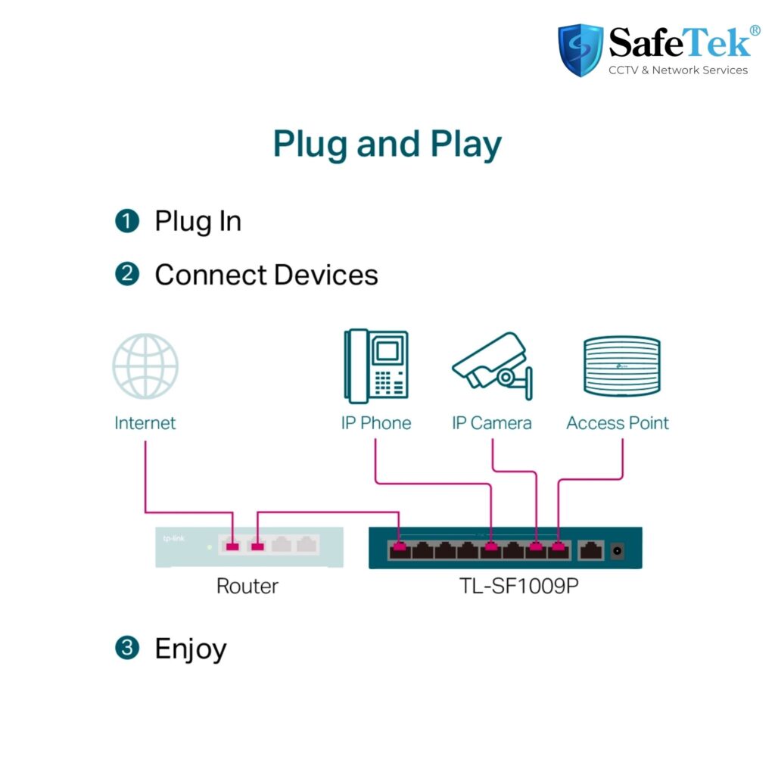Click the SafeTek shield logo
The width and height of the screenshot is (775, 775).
coord(580,50)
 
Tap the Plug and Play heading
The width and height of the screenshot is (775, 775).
coord(387,144)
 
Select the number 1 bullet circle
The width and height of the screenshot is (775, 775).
coord(127,220)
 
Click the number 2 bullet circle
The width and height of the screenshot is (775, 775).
coord(127,274)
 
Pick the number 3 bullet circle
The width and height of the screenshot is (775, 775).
coord(127,648)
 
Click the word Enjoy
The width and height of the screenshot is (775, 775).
coord(191,649)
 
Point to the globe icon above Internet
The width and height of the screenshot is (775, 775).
coord(145,366)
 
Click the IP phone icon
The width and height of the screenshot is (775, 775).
coord(376,366)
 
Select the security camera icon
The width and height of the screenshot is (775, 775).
coord(492,366)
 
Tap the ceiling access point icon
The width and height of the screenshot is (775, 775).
coord(622,366)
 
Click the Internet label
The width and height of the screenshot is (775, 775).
coord(145,423)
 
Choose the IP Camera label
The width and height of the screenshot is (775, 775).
coord(492,423)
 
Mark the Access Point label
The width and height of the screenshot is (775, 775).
coord(618,423)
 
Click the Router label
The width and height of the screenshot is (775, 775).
coord(247,587)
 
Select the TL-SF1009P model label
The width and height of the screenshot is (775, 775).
coord(519,587)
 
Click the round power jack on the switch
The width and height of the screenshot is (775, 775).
coord(618,551)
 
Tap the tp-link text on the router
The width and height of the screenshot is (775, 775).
coord(173,538)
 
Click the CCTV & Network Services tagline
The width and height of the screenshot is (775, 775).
coord(678,70)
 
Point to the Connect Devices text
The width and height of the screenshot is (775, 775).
coord(266,274)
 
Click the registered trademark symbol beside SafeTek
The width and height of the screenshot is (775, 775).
coord(755,30)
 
